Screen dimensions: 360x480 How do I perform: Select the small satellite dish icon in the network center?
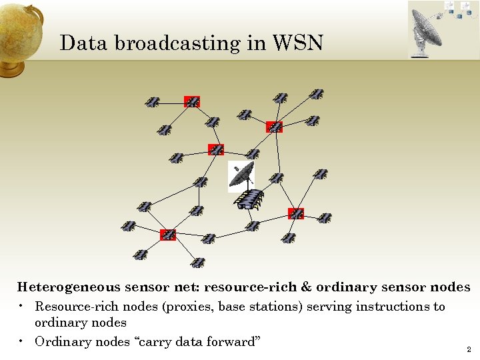pyautogui.click(x=241, y=175)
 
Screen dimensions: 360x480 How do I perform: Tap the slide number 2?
pyautogui.click(x=469, y=349)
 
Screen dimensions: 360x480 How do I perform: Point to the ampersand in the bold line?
pyautogui.click(x=306, y=287)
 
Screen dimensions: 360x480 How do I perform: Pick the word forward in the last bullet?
pyautogui.click(x=231, y=342)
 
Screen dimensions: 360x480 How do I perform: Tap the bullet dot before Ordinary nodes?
pyautogui.click(x=22, y=341)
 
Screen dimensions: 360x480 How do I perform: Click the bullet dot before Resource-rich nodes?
pyautogui.click(x=22, y=306)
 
